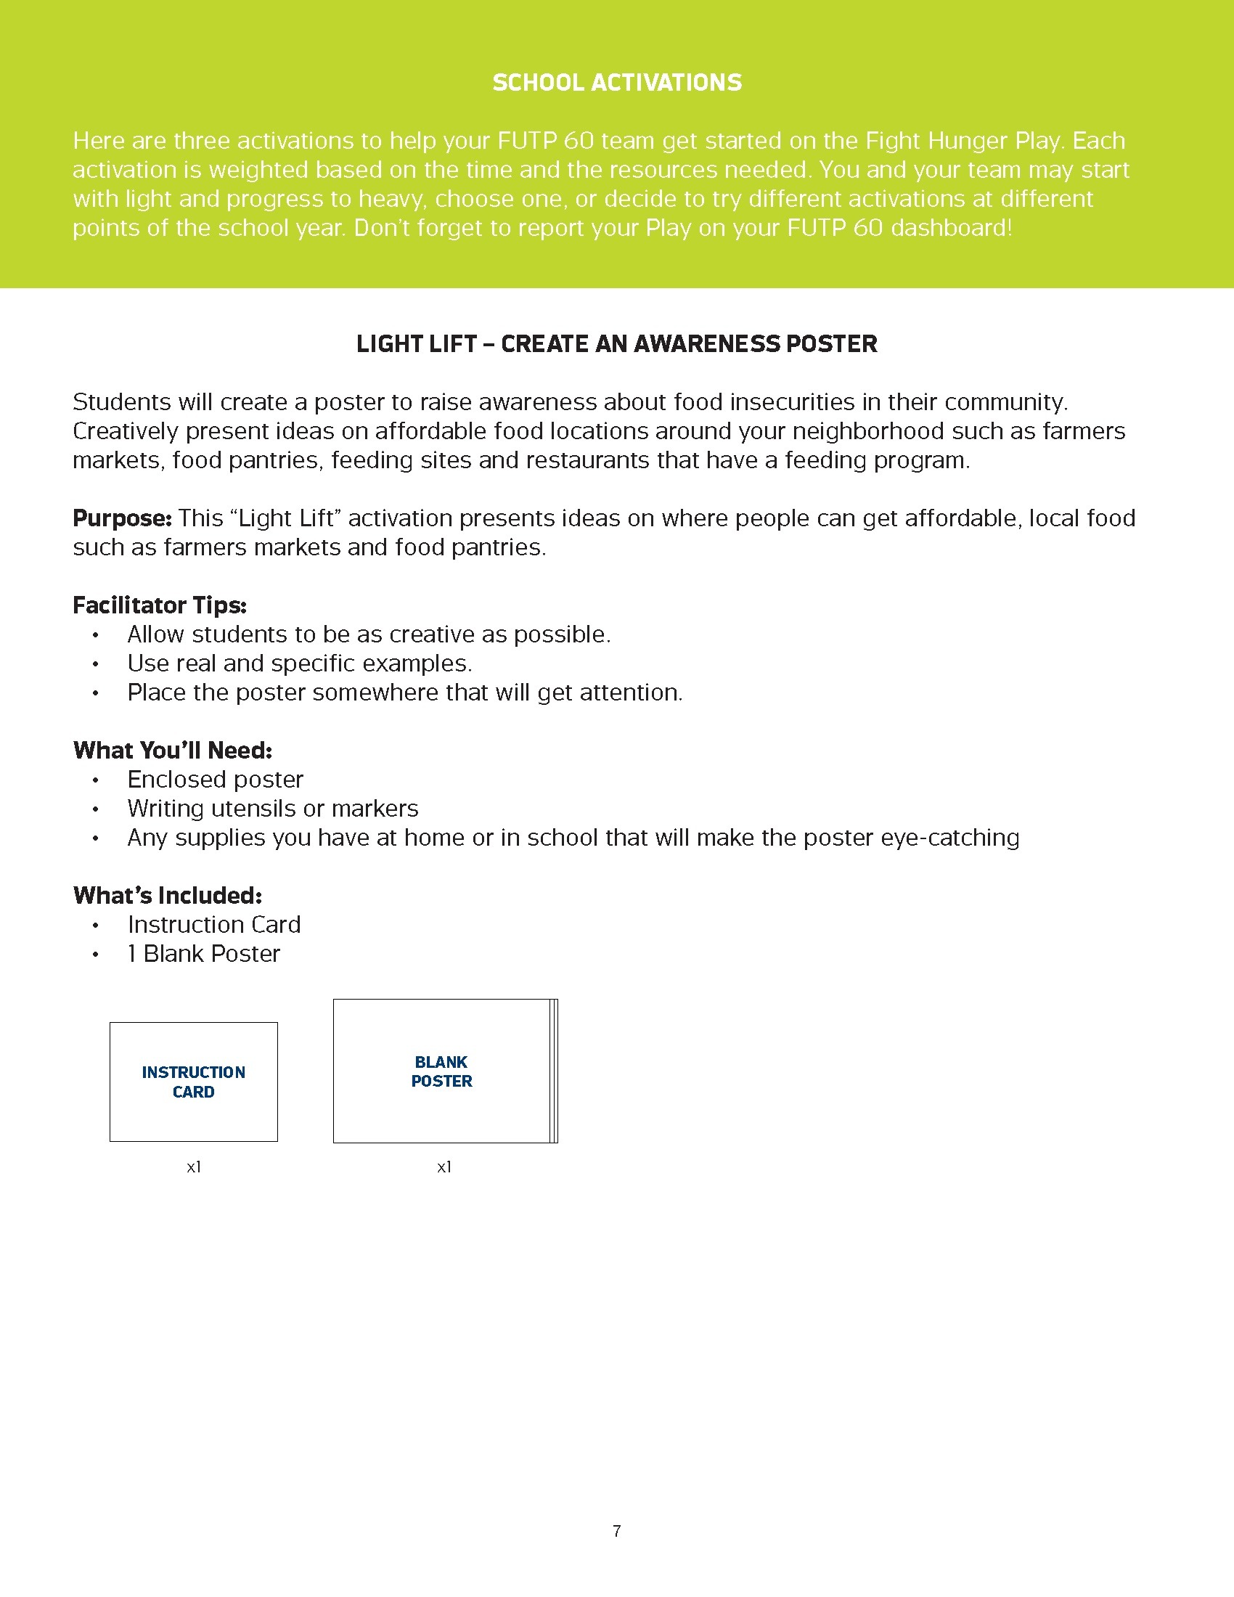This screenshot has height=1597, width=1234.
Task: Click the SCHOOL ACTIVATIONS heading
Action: [617, 83]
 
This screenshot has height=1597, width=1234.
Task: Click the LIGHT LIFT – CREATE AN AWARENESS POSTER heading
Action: [616, 343]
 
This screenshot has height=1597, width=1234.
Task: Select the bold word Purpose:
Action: [121, 518]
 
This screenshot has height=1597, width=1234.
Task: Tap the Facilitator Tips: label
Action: [160, 605]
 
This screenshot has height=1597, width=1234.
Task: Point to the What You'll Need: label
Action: [173, 751]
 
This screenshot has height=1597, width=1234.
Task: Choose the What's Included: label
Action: [168, 896]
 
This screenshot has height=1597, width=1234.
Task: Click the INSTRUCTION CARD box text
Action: [194, 1082]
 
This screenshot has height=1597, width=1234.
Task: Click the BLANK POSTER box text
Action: [441, 1072]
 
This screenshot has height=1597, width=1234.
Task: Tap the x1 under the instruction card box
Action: [194, 1168]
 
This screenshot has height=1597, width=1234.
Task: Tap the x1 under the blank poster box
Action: [444, 1168]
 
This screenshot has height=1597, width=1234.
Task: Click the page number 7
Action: [617, 1531]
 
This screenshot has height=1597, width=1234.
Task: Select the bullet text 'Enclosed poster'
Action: [215, 780]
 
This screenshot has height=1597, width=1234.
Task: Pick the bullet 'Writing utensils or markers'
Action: [273, 809]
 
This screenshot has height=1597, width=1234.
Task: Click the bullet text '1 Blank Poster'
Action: [204, 955]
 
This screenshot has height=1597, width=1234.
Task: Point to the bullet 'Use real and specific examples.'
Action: [300, 664]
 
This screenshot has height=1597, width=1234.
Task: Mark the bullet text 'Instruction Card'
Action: [214, 925]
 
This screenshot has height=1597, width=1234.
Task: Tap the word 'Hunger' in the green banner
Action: [965, 140]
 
